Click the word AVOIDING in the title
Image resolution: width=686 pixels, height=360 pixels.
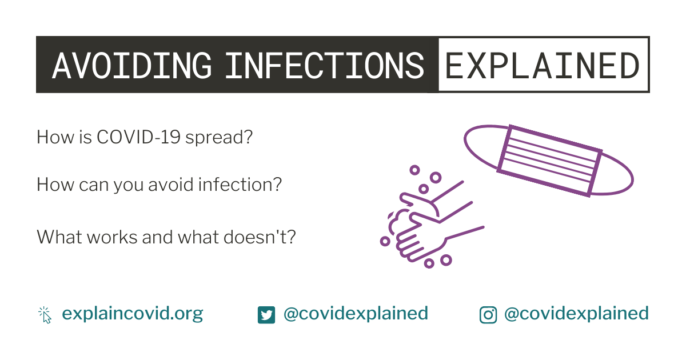[x=132, y=65]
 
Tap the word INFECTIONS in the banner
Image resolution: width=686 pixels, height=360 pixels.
[x=325, y=65]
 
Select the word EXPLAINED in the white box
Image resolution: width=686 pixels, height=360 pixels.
[x=542, y=65]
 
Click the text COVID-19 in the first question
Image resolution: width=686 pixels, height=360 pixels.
[x=138, y=137]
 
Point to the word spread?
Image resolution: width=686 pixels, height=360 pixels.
[x=219, y=138]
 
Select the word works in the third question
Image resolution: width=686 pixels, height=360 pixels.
[x=112, y=237]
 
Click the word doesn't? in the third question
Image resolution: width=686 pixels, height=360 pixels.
[x=260, y=237]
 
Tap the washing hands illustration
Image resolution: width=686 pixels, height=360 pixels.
[x=432, y=218]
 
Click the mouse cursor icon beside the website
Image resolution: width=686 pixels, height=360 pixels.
[x=45, y=315]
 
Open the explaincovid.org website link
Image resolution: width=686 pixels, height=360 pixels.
[x=132, y=314]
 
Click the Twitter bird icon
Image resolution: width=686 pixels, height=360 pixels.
[x=266, y=315]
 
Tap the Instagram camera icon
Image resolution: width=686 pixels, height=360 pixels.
[x=488, y=315]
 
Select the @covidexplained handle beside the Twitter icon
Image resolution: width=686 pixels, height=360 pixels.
[x=356, y=314]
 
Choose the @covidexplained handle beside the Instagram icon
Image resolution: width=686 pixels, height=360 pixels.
[x=576, y=314]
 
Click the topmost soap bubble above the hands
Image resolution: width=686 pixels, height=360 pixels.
[x=414, y=170]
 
